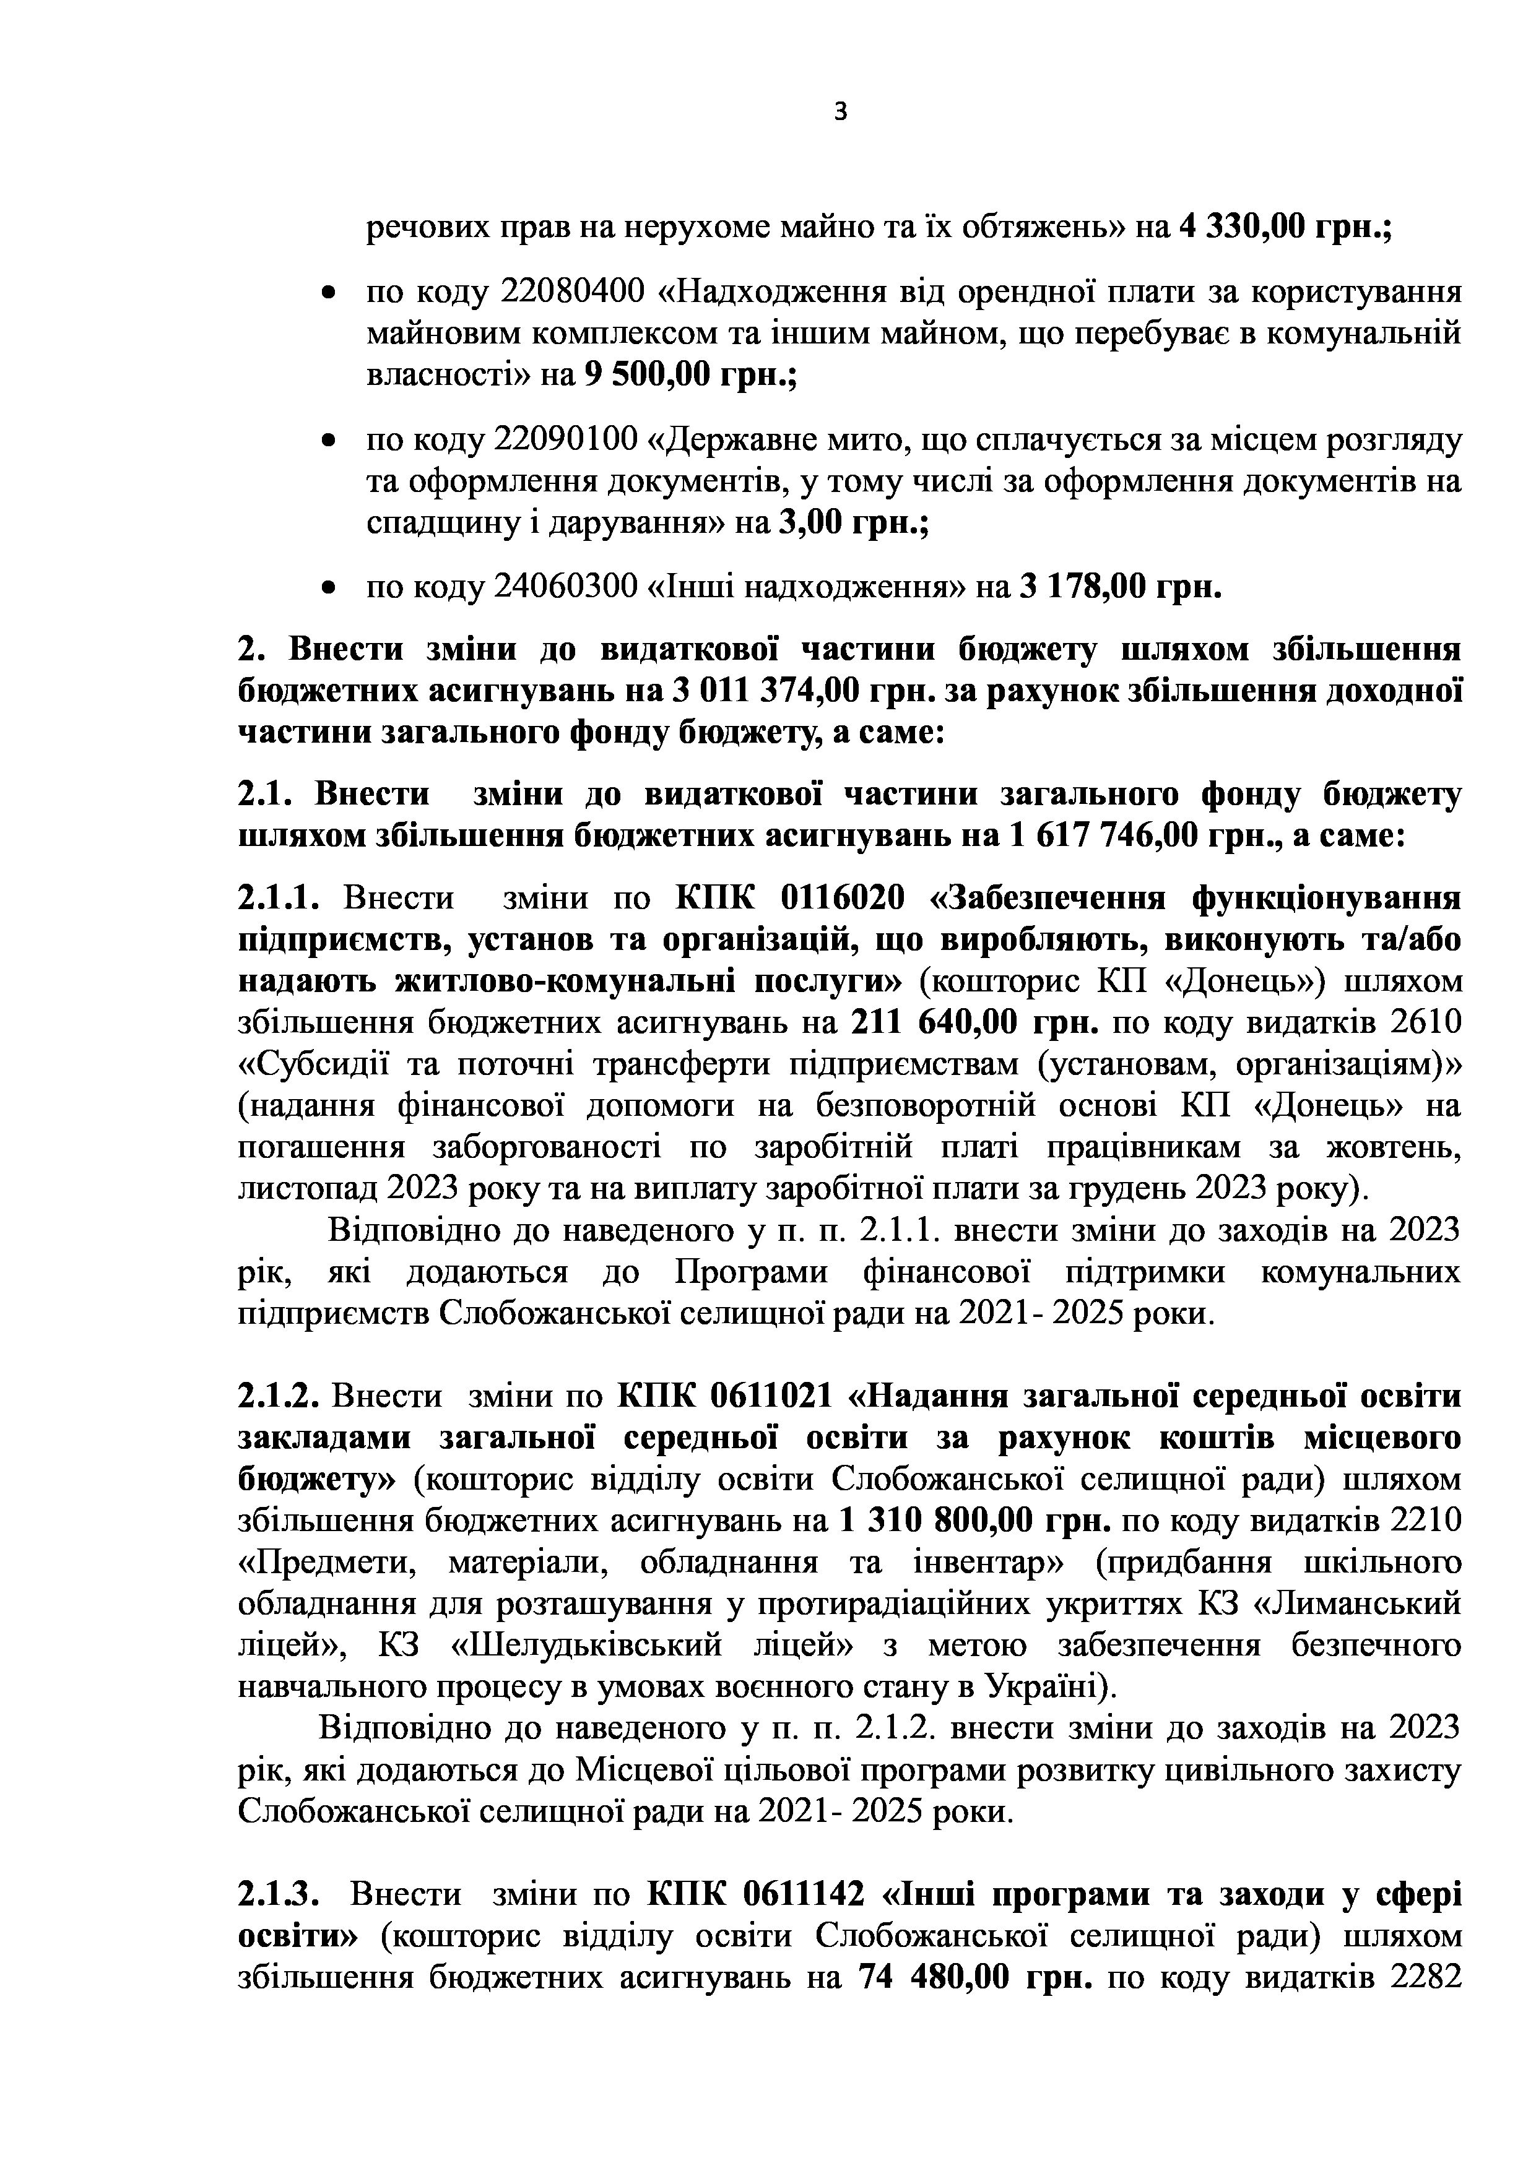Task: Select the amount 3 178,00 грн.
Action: (1119, 587)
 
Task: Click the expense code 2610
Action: (1426, 1023)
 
